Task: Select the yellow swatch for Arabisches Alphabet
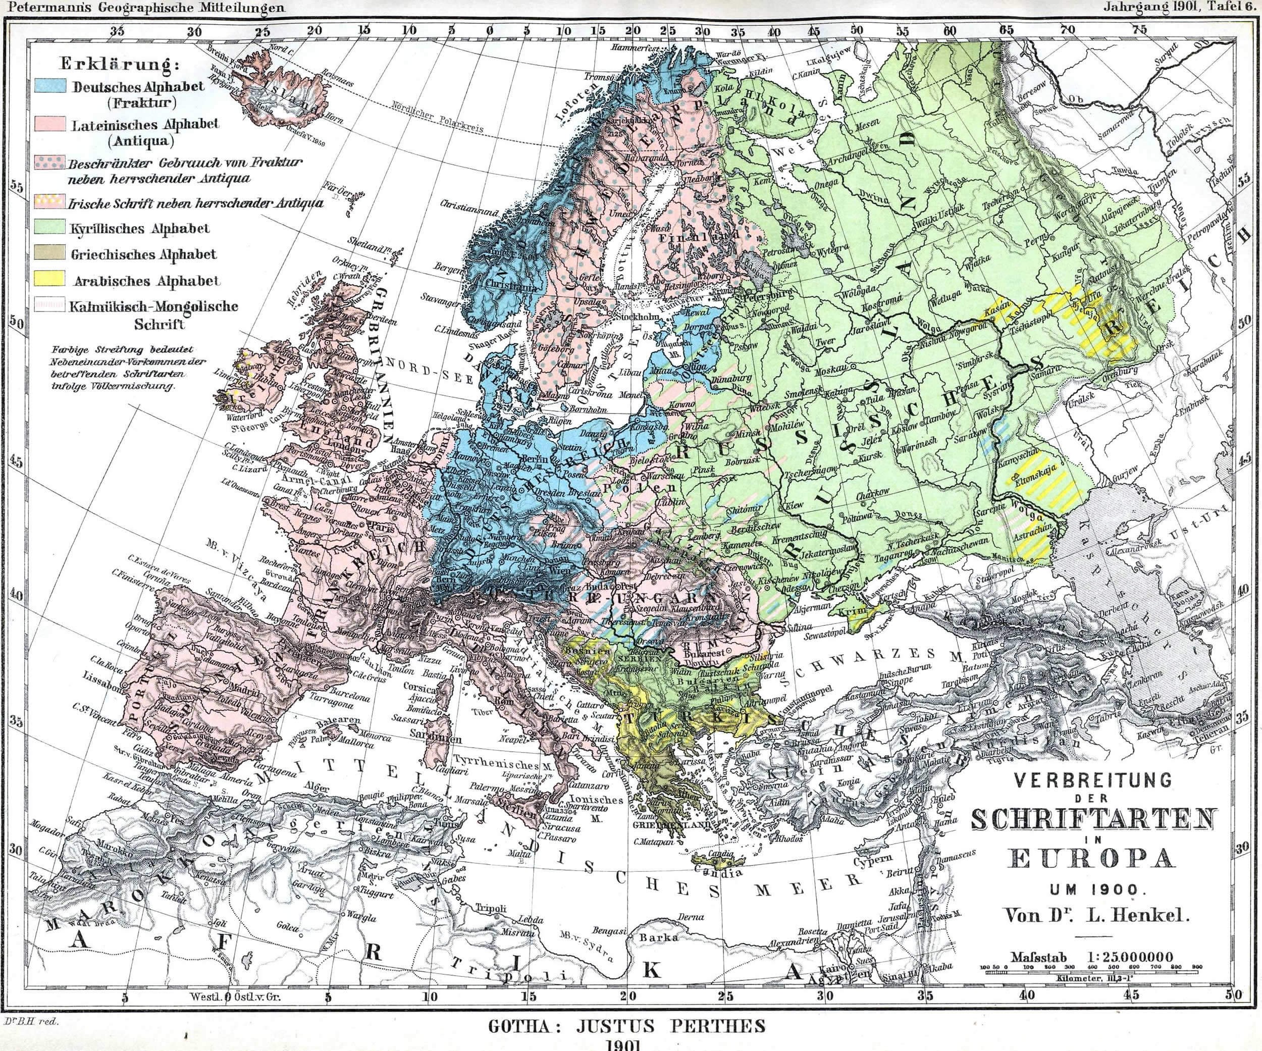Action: point(50,278)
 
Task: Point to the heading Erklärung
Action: point(120,64)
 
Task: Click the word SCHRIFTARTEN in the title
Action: point(1093,820)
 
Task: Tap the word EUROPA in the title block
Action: point(1092,858)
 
